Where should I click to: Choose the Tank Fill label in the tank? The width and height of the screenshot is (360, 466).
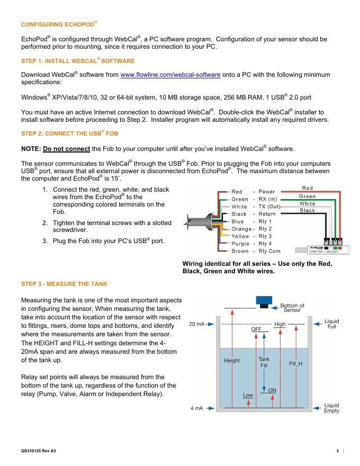coord(264,362)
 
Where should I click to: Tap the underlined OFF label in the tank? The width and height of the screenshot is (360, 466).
coord(256,329)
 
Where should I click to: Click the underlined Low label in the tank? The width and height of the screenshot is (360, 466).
coord(247,395)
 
